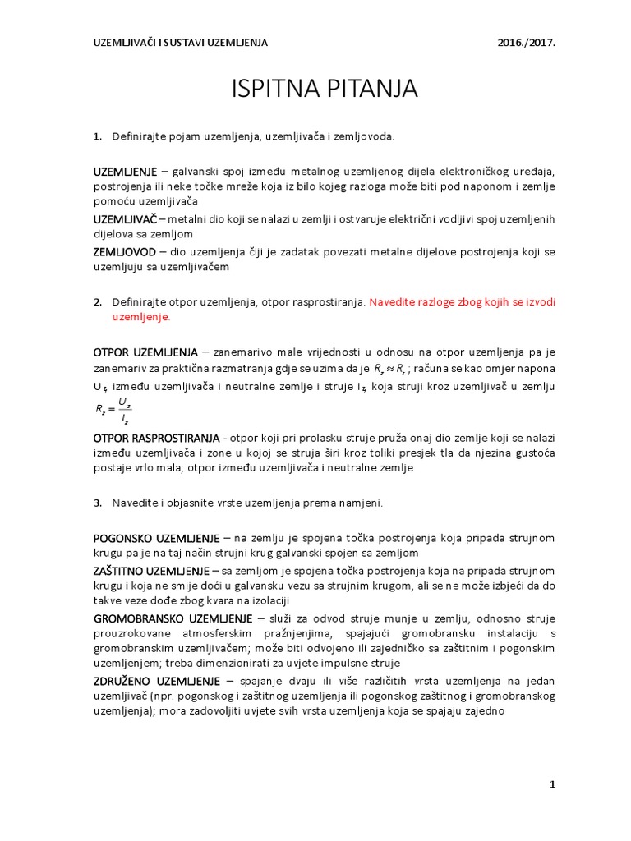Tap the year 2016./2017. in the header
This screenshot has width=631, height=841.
pyautogui.click(x=526, y=42)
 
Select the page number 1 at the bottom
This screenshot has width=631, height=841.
pyautogui.click(x=553, y=785)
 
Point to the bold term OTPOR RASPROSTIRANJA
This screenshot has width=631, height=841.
pyautogui.click(x=155, y=437)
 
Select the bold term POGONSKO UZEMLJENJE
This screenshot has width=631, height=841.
pyautogui.click(x=156, y=538)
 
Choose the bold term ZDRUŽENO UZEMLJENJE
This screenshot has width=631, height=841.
pyautogui.click(x=156, y=681)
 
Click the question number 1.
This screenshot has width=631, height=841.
pyautogui.click(x=97, y=136)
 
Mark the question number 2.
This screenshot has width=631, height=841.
pyautogui.click(x=97, y=302)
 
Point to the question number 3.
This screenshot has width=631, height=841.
pyautogui.click(x=97, y=503)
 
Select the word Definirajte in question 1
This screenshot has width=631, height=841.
pyautogui.click(x=140, y=136)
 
